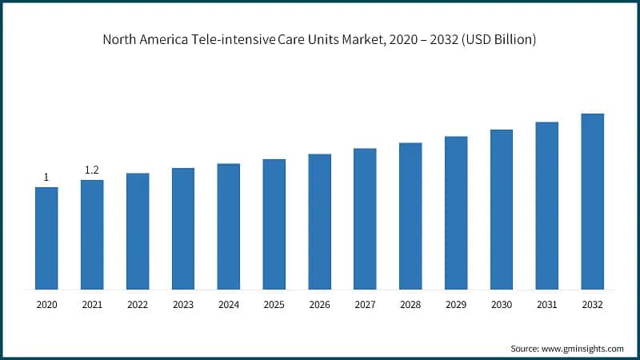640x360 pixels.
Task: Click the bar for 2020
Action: (46, 238)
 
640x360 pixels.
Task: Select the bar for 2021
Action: (92, 234)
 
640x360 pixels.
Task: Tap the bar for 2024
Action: (228, 226)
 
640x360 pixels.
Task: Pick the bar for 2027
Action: (365, 218)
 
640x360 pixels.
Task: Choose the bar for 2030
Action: (502, 209)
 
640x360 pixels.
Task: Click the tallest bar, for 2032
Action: (592, 201)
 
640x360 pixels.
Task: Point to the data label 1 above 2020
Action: (46, 177)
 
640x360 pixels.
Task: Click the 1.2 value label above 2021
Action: (92, 170)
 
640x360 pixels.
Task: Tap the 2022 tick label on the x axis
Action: (138, 305)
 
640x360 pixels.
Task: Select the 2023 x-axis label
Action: (183, 305)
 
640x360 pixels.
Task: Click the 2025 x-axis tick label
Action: (274, 305)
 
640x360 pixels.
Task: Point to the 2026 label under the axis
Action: (319, 305)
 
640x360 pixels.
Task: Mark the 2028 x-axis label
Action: (410, 305)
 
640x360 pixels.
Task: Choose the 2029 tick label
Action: (456, 305)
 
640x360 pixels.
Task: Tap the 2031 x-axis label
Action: (547, 305)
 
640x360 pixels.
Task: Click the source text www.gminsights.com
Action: (583, 349)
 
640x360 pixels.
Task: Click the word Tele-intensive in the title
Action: (238, 39)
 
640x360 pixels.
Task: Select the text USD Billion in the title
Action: (499, 39)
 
